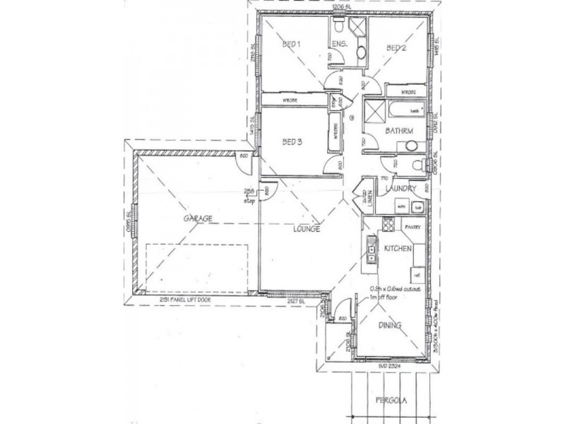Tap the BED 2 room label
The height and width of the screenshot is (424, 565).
coord(396,48)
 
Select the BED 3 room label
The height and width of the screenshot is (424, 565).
coord(292,142)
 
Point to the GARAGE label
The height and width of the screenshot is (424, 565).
coord(198,219)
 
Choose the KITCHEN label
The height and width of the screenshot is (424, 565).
coord(398,249)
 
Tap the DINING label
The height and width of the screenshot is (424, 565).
coord(390,326)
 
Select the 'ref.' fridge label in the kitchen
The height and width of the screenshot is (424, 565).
coord(417,273)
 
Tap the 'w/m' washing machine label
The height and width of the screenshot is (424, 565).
coord(401,206)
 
